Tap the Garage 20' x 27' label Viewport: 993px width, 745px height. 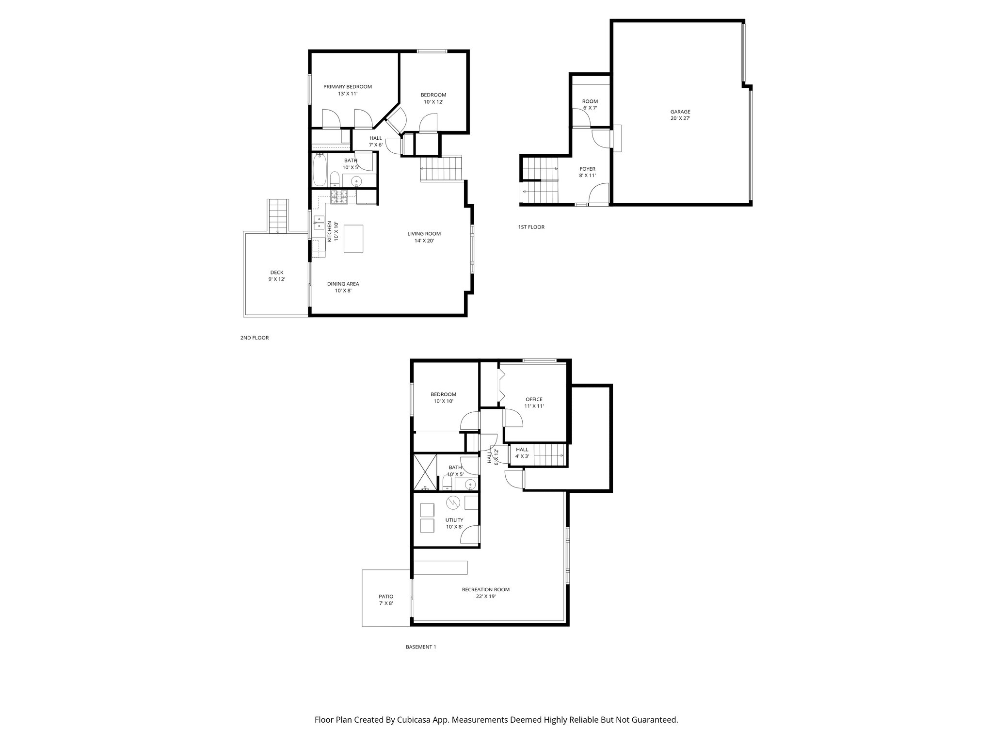coord(680,115)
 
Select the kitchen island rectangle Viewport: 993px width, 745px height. coord(353,238)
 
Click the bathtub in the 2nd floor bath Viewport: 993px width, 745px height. coord(319,170)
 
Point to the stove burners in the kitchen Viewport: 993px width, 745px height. coord(339,196)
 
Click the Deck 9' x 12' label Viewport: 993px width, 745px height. coord(276,275)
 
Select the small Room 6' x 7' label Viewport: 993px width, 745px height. coord(590,104)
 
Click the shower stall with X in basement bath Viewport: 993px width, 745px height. coord(424,471)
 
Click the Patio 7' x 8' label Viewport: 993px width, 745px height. coord(386,599)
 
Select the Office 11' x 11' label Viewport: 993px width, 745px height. coord(534,403)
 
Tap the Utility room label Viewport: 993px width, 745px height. coord(454,523)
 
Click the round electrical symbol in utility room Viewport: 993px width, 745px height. coord(453,502)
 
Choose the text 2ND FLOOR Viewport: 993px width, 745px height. coord(254,338)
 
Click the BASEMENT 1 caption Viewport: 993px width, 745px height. coord(420,647)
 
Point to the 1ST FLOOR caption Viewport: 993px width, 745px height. coord(531,227)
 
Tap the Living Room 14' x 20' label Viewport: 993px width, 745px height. coord(424,237)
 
